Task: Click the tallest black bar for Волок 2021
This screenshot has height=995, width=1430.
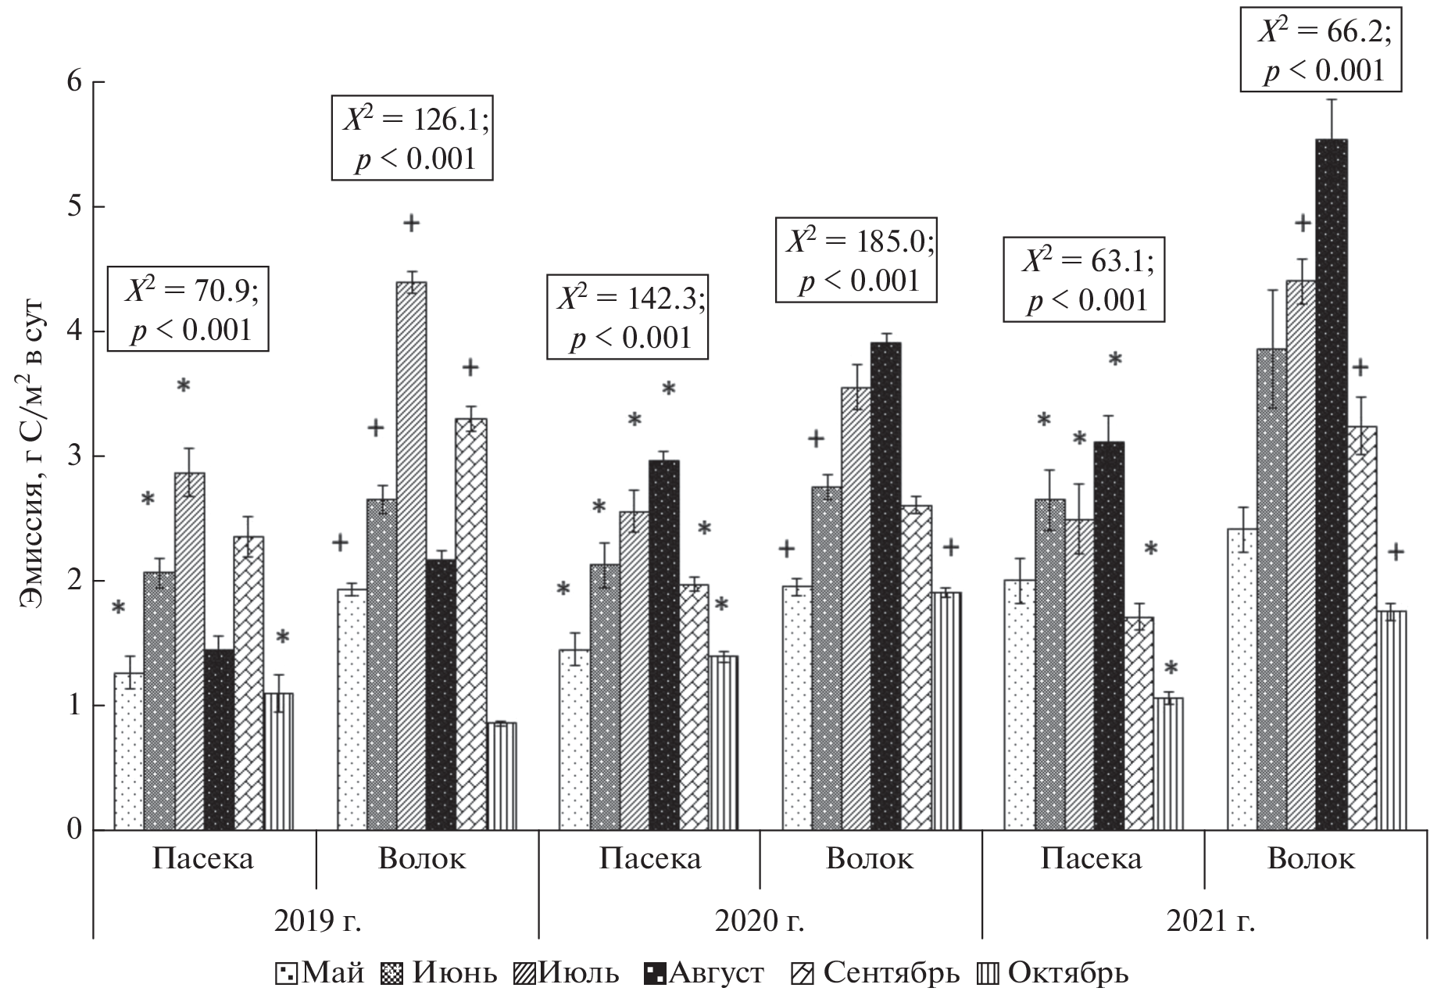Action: pyautogui.click(x=1332, y=485)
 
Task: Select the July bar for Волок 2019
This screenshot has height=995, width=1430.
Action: pyautogui.click(x=411, y=555)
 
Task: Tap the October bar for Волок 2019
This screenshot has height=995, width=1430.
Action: pyautogui.click(x=501, y=775)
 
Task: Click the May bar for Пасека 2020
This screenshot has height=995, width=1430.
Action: pyautogui.click(x=574, y=739)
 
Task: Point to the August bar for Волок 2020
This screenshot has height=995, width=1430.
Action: pyautogui.click(x=886, y=586)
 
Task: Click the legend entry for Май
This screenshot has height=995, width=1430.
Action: pyautogui.click(x=320, y=974)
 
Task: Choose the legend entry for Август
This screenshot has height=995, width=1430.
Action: pyautogui.click(x=703, y=974)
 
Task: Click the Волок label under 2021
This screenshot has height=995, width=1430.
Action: pyautogui.click(x=1310, y=859)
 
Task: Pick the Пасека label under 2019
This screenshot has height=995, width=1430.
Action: pyautogui.click(x=202, y=859)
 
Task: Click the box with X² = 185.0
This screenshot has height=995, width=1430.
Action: pyautogui.click(x=856, y=260)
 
